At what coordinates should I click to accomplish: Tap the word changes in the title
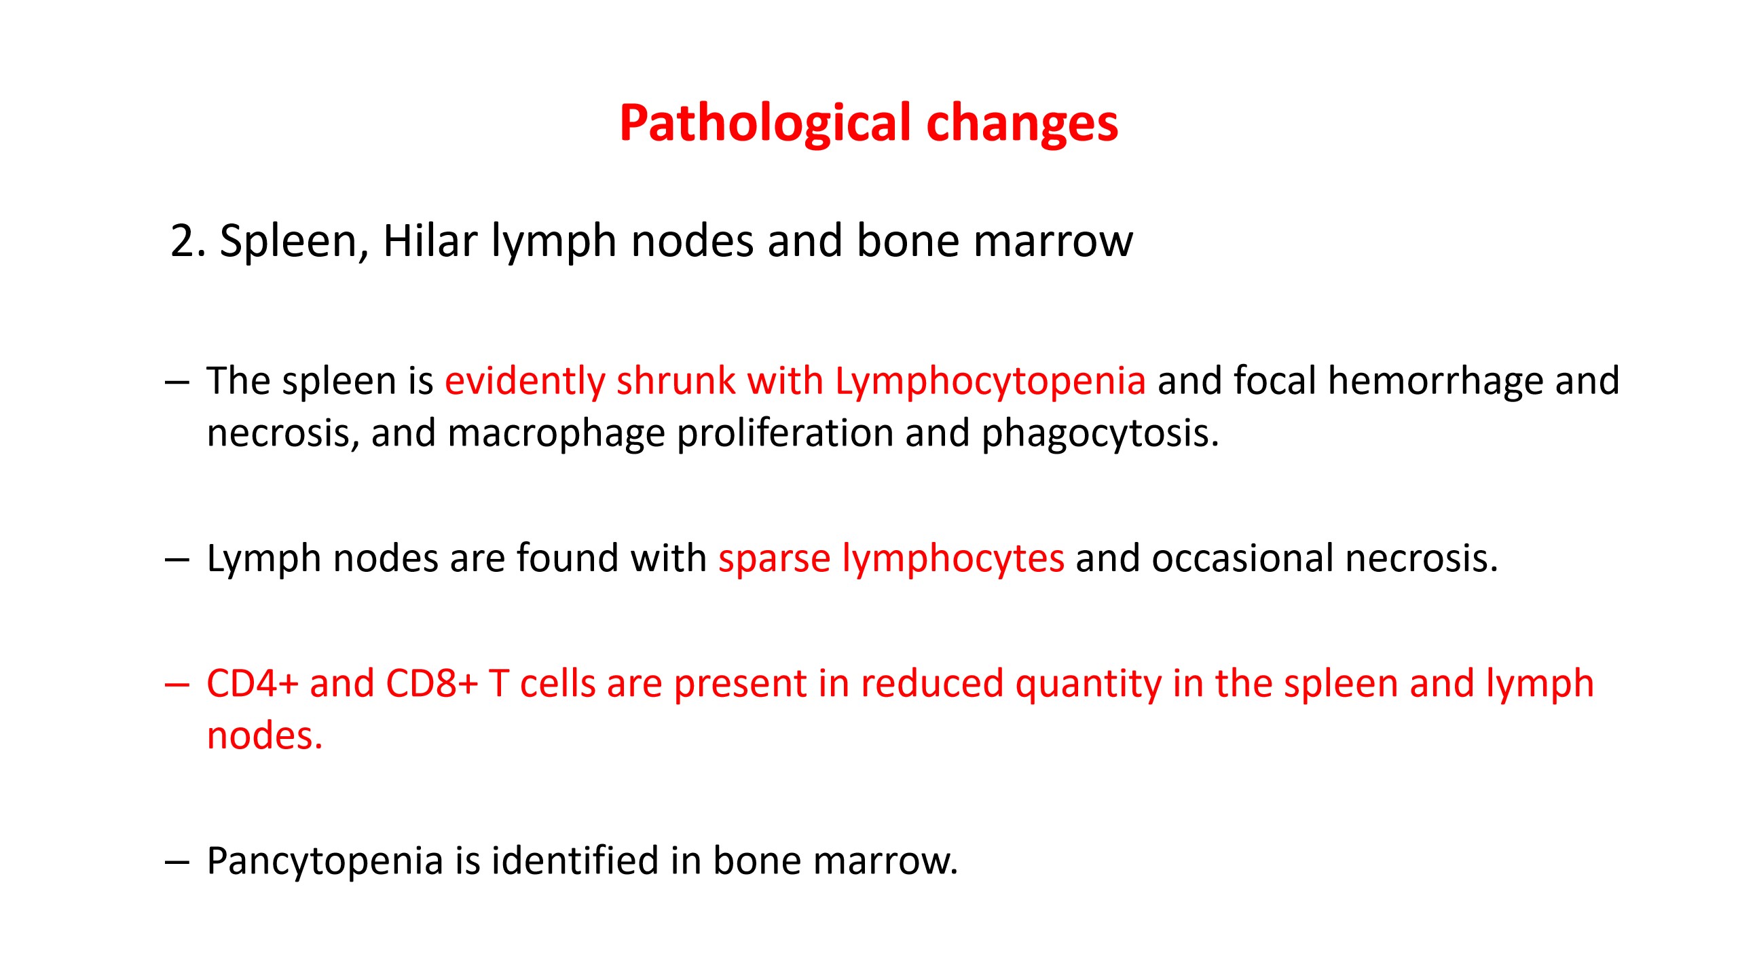(x=1022, y=124)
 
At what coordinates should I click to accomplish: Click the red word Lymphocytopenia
(x=991, y=382)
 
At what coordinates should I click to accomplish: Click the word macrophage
(x=556, y=435)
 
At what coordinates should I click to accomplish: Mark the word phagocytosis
(x=1101, y=435)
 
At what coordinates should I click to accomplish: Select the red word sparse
(x=775, y=560)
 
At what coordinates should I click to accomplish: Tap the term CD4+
(x=253, y=683)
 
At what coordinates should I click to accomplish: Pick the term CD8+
(x=432, y=683)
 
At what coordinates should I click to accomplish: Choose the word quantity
(x=1088, y=685)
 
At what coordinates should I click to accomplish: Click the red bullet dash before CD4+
(x=177, y=685)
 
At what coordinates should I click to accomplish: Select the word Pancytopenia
(x=325, y=863)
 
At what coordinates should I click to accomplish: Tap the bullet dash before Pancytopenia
(x=177, y=863)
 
